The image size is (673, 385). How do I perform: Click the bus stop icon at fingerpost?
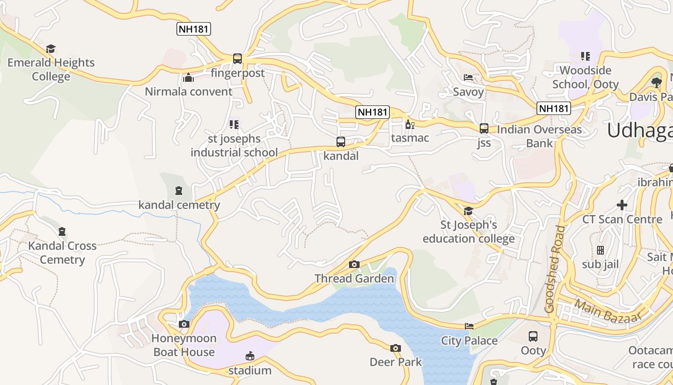click(x=237, y=59)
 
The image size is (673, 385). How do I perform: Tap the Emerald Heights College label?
click(x=51, y=69)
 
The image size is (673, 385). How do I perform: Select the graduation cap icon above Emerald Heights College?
click(x=51, y=49)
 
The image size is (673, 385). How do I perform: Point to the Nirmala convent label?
click(x=188, y=91)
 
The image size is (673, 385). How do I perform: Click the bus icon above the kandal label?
click(x=341, y=142)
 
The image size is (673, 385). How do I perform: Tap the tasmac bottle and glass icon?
click(x=410, y=125)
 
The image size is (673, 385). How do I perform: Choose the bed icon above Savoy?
click(x=468, y=77)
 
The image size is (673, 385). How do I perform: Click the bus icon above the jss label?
click(x=484, y=128)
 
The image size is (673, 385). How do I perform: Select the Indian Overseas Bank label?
click(x=539, y=136)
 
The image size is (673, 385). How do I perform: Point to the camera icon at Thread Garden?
click(x=354, y=264)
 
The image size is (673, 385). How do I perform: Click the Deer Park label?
click(x=396, y=362)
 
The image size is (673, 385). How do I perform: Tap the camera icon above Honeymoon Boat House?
click(x=184, y=324)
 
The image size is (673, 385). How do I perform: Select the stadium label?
click(x=249, y=371)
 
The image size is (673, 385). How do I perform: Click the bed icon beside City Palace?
click(x=469, y=326)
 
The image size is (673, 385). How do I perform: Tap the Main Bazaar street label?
click(x=608, y=311)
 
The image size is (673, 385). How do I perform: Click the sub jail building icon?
click(x=600, y=250)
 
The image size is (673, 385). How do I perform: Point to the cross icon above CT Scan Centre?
click(x=622, y=205)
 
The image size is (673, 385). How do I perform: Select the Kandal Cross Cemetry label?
click(x=62, y=253)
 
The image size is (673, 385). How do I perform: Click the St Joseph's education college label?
click(x=469, y=231)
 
